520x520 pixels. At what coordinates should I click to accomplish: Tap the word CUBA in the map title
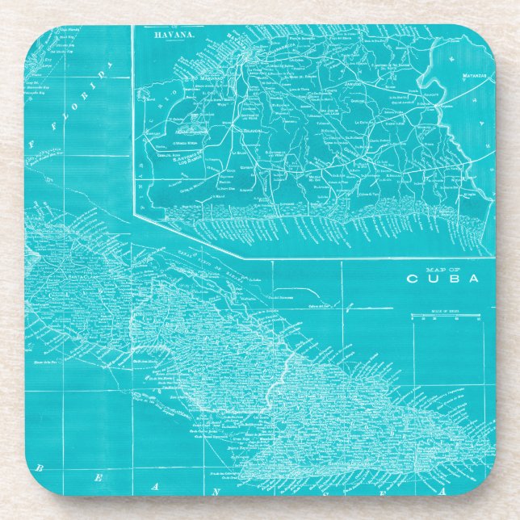click(442, 279)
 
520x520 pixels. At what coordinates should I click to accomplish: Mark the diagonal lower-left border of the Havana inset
click(186, 234)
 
